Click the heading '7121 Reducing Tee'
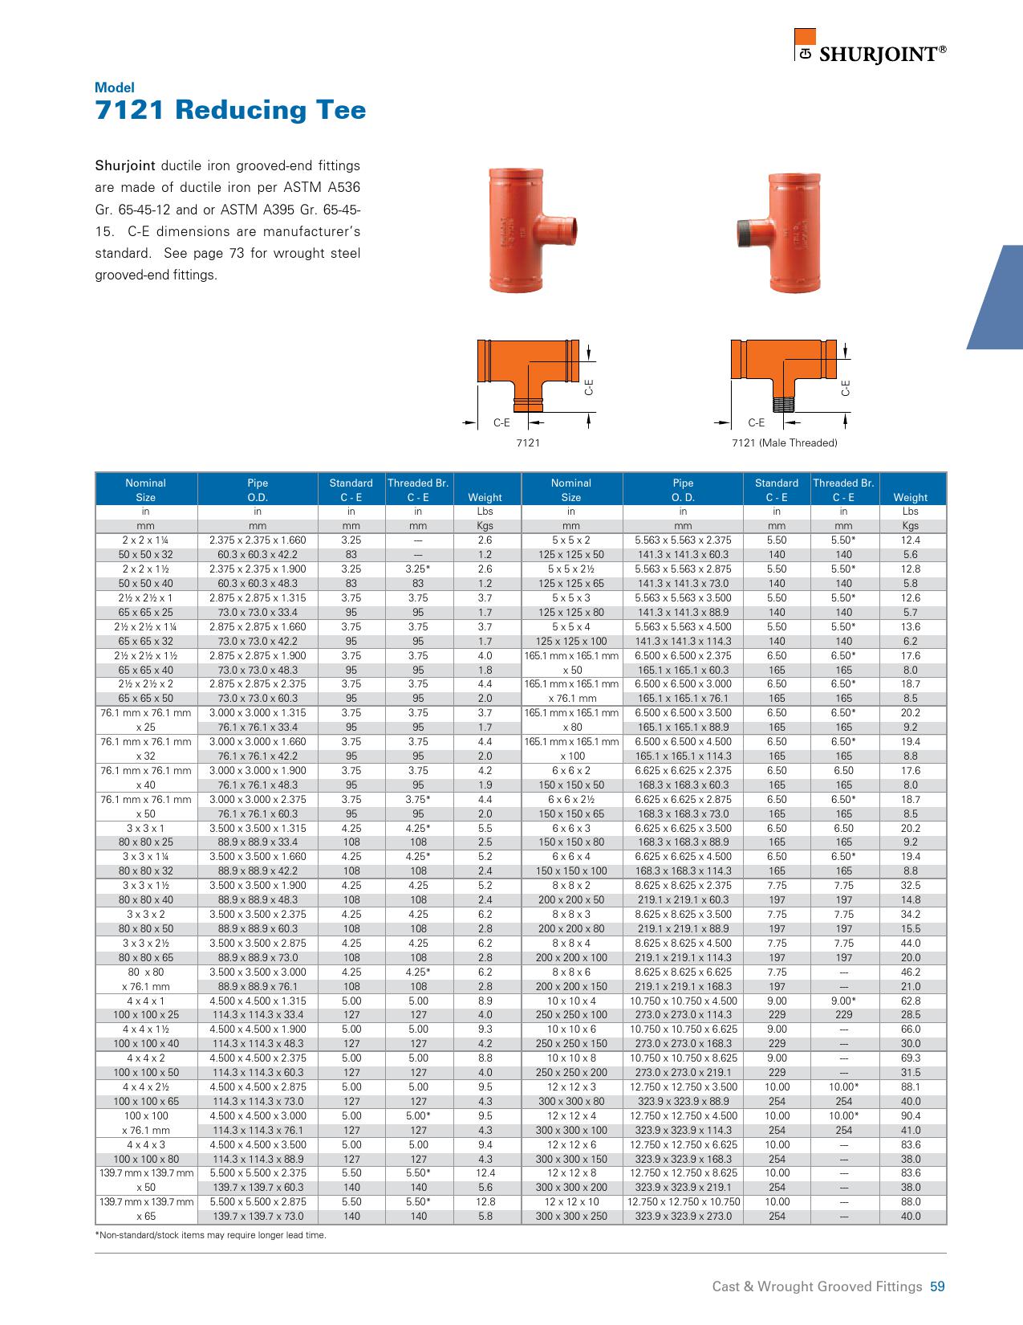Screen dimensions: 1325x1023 tap(230, 110)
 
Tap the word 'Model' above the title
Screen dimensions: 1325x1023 tap(115, 88)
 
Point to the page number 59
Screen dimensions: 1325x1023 tap(937, 1286)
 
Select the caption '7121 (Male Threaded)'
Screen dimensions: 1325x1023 tap(784, 443)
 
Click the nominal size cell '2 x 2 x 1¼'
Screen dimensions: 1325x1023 tap(146, 540)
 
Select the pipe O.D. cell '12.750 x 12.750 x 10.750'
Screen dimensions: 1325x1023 tap(683, 1202)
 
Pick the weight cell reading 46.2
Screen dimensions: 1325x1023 tap(910, 972)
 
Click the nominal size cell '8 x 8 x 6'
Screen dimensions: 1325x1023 tap(570, 972)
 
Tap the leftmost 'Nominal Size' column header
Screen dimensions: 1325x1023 tap(146, 490)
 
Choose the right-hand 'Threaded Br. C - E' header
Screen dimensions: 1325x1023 tap(842, 490)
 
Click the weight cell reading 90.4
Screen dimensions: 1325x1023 tap(910, 1115)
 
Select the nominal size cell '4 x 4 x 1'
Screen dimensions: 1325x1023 tap(146, 1001)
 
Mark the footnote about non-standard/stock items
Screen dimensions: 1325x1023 tap(211, 1235)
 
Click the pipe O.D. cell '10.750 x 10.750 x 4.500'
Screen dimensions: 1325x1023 tap(683, 1001)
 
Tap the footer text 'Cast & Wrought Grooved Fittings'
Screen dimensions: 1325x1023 tap(817, 1286)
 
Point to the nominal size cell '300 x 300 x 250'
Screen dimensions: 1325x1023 tap(570, 1217)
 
